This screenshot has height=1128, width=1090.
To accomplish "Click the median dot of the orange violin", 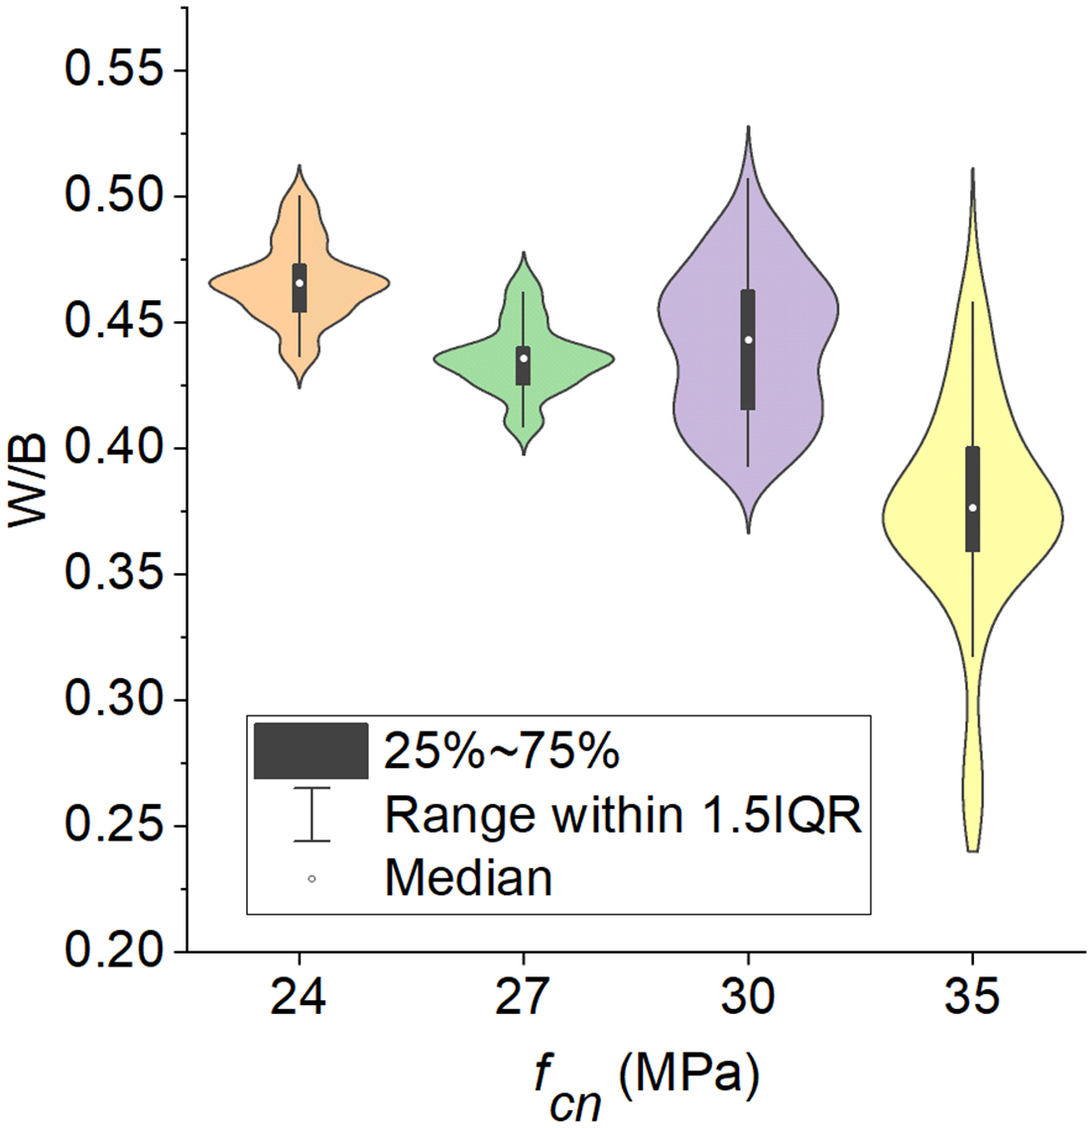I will pyautogui.click(x=299, y=283).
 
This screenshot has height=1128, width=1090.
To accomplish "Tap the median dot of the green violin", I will pyautogui.click(x=523, y=358).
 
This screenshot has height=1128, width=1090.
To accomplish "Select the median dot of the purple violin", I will pyautogui.click(x=748, y=340).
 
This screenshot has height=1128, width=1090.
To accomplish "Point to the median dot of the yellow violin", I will pyautogui.click(x=973, y=508).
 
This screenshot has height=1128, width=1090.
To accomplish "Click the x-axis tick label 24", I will pyautogui.click(x=299, y=997).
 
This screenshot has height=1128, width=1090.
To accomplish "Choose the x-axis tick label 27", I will pyautogui.click(x=523, y=997).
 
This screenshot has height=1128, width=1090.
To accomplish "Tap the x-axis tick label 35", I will pyautogui.click(x=973, y=997).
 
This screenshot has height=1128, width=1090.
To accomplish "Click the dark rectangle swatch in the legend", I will pyautogui.click(x=311, y=750).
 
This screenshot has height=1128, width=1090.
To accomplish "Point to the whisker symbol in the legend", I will pyautogui.click(x=311, y=815).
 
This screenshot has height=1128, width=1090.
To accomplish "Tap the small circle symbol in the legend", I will pyautogui.click(x=311, y=878).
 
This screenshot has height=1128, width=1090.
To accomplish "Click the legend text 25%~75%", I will pyautogui.click(x=502, y=752).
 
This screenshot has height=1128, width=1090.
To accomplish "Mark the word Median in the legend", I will pyautogui.click(x=468, y=878).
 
